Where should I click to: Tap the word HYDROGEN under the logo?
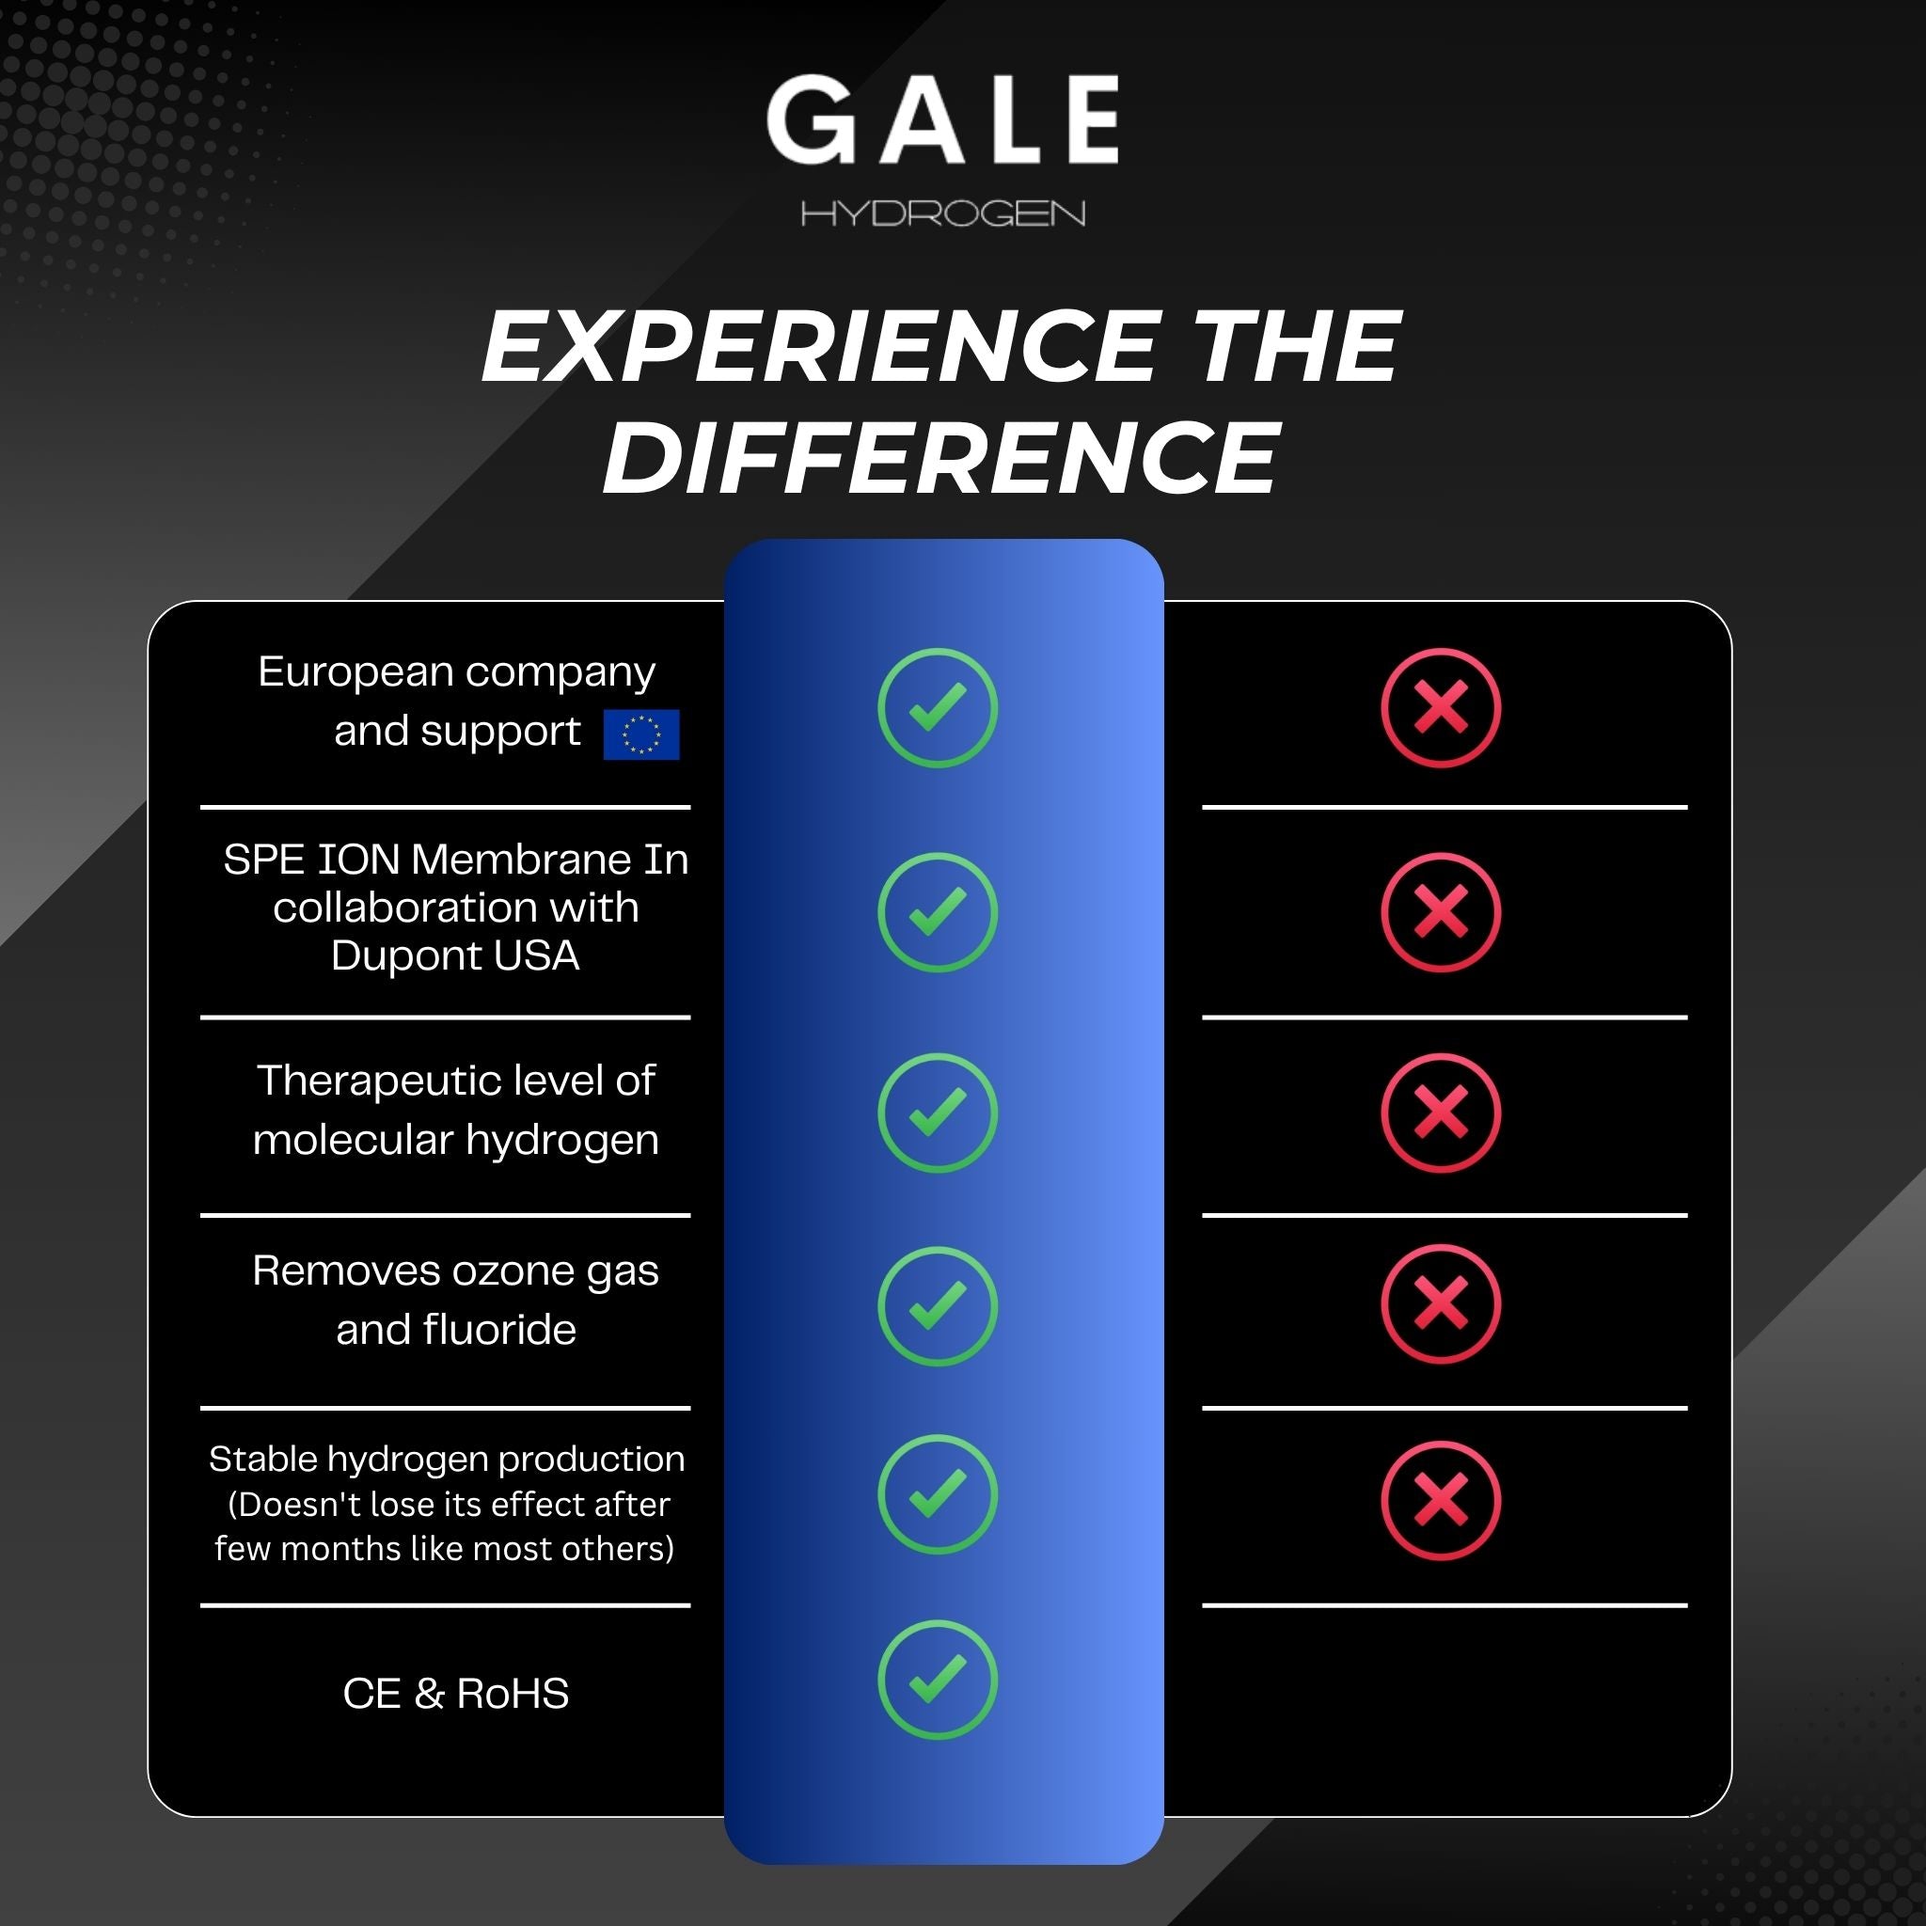(x=942, y=213)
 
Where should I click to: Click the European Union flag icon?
(x=641, y=734)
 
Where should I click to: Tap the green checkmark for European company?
(x=937, y=708)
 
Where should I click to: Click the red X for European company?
(x=1441, y=708)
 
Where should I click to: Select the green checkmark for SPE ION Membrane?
(x=937, y=912)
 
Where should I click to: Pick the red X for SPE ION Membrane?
(x=1441, y=912)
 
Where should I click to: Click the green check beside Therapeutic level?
(x=937, y=1113)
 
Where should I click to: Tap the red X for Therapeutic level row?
(x=1441, y=1113)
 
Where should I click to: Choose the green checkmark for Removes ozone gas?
(x=937, y=1306)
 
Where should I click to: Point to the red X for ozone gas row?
(x=1441, y=1304)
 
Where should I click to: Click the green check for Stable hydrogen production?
(x=937, y=1494)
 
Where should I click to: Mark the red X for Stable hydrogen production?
(x=1441, y=1500)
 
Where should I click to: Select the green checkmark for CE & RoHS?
(x=937, y=1680)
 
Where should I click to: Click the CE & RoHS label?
(x=455, y=1694)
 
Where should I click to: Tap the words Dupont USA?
(x=455, y=955)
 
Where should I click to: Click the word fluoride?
(x=499, y=1329)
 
